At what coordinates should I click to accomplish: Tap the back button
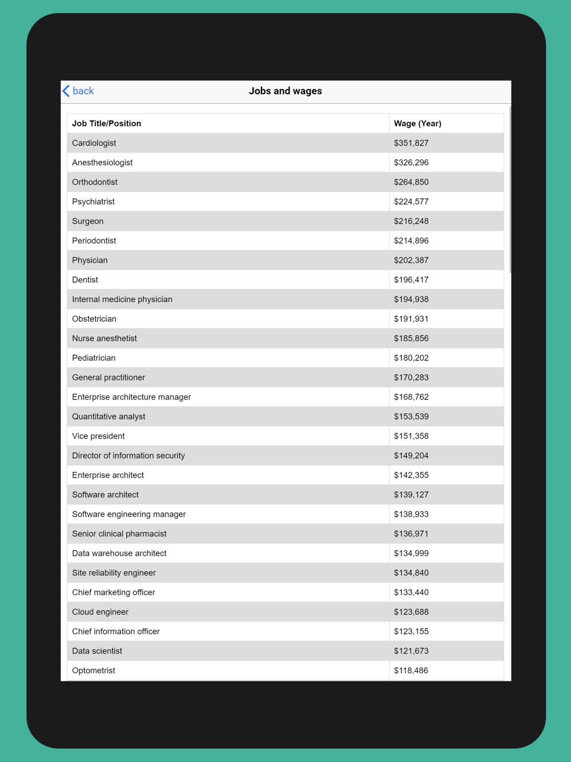tap(78, 91)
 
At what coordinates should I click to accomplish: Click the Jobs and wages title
tap(285, 91)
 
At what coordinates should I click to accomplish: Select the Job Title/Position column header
tap(106, 123)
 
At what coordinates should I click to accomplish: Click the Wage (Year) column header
tap(417, 123)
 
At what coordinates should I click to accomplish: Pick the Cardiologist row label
tap(94, 143)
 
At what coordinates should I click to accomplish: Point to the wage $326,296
tap(411, 163)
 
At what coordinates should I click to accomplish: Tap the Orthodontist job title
tap(95, 182)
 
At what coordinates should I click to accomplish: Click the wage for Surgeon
tap(411, 221)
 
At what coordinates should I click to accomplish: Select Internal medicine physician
tap(122, 299)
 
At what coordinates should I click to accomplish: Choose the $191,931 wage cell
tap(411, 319)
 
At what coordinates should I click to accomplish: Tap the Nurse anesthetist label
tap(104, 338)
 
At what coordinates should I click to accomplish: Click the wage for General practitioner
tap(411, 378)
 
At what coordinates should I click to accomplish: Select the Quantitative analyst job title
tap(108, 416)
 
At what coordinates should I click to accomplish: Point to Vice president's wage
tap(411, 436)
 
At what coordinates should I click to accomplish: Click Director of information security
tap(128, 456)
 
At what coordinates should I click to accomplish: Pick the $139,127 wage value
tap(411, 495)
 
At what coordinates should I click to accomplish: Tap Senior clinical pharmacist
tap(119, 534)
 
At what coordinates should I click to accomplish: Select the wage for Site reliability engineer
tap(411, 573)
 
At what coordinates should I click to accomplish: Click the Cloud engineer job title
tap(100, 612)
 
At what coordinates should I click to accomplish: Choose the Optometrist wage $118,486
tap(411, 671)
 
